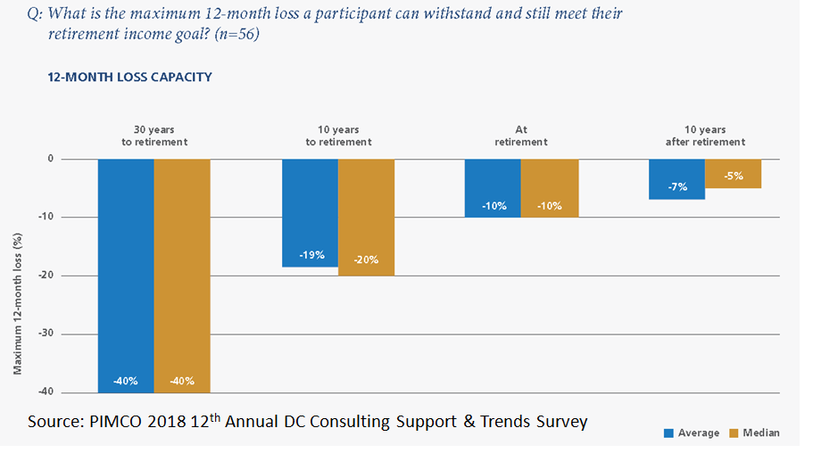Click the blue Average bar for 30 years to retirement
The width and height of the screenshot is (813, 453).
pyautogui.click(x=126, y=276)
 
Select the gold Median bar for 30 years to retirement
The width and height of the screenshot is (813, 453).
pyautogui.click(x=182, y=276)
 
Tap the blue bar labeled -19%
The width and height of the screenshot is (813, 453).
pyautogui.click(x=310, y=213)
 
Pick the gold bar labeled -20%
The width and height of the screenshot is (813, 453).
pyautogui.click(x=366, y=218)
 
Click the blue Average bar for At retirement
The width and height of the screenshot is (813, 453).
pyautogui.click(x=493, y=188)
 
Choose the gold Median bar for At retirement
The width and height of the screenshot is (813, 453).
pyautogui.click(x=550, y=188)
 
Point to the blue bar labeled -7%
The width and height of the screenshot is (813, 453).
pyautogui.click(x=677, y=179)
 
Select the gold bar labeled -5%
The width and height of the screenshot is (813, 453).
pyautogui.click(x=734, y=174)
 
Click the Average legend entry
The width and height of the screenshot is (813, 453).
pyautogui.click(x=692, y=432)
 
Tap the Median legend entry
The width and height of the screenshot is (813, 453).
pyautogui.click(x=754, y=432)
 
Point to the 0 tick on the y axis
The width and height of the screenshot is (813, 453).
pyautogui.click(x=50, y=159)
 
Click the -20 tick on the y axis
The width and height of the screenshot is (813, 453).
pyautogui.click(x=46, y=276)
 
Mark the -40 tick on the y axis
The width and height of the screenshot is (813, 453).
pyautogui.click(x=46, y=391)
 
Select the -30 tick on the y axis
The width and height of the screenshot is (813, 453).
pyautogui.click(x=46, y=334)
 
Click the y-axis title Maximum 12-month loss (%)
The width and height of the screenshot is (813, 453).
pyautogui.click(x=18, y=304)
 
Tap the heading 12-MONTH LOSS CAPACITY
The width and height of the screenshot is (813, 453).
pyautogui.click(x=129, y=78)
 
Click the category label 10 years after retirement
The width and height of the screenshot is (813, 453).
pyautogui.click(x=705, y=136)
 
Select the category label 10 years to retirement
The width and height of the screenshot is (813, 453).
pyautogui.click(x=338, y=136)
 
